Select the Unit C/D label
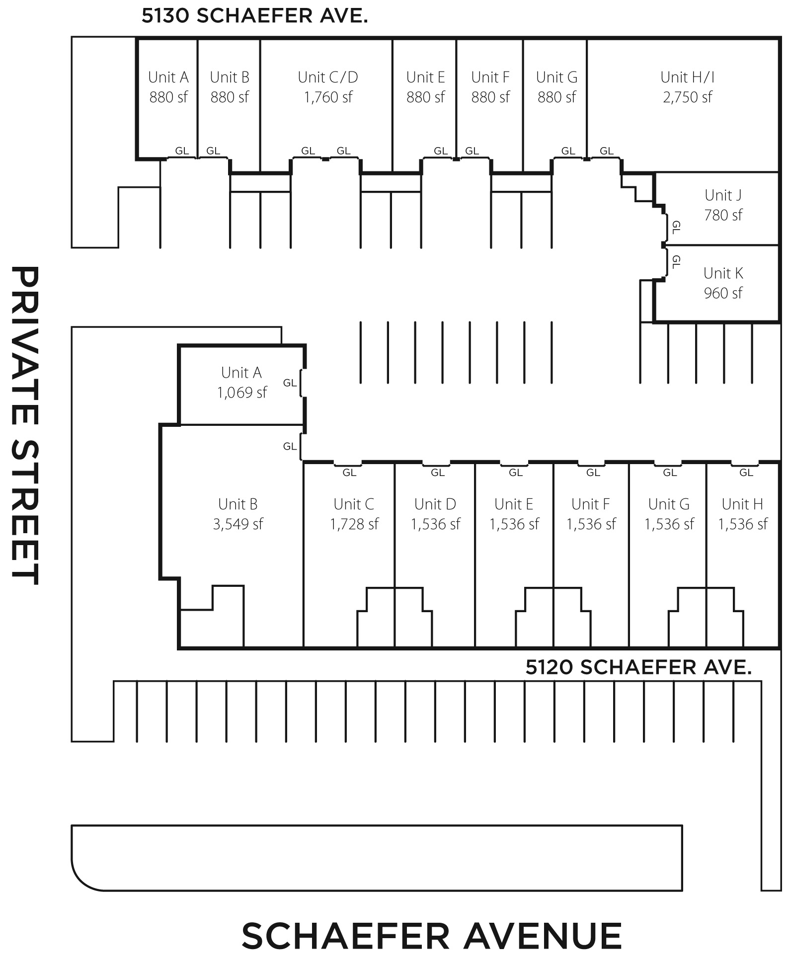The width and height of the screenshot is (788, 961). tap(328, 78)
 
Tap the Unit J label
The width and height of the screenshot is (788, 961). tap(723, 195)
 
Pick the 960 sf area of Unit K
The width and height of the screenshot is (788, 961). tap(723, 293)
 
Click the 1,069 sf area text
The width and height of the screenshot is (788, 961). tap(242, 393)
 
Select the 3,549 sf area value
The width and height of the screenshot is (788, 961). tap(238, 524)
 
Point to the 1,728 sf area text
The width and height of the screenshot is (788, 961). tap(354, 524)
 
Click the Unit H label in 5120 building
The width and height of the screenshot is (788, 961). tap(742, 504)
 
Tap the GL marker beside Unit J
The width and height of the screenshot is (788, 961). tap(676, 228)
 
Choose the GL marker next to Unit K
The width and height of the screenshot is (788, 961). tap(676, 261)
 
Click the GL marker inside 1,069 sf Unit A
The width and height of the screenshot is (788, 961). tap(290, 383)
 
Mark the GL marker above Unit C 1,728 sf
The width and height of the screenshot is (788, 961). tap(349, 473)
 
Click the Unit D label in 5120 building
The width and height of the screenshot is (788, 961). tap(435, 504)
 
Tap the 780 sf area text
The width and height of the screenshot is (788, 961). tap(723, 215)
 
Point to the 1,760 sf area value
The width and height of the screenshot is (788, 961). tap(328, 97)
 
